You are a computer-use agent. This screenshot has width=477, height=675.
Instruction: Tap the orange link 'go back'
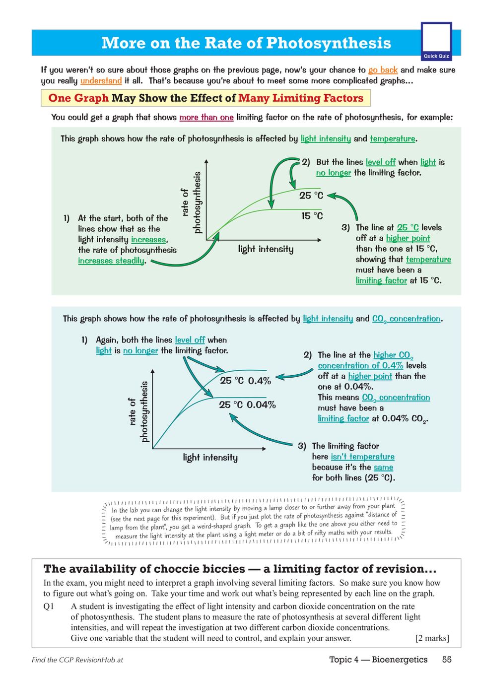pyautogui.click(x=383, y=70)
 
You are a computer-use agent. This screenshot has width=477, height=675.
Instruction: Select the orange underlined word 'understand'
pyautogui.click(x=101, y=80)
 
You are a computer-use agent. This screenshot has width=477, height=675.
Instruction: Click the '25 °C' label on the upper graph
pyautogui.click(x=311, y=196)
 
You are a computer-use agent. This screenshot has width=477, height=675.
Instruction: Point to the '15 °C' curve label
pyautogui.click(x=312, y=216)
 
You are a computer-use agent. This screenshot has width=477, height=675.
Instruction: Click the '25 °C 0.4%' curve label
pyautogui.click(x=245, y=381)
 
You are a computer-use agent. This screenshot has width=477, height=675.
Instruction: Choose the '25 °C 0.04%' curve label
pyautogui.click(x=247, y=405)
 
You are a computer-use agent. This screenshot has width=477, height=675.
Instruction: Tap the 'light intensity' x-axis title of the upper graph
pyautogui.click(x=266, y=249)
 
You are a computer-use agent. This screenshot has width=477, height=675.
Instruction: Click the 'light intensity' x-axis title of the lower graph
pyautogui.click(x=210, y=457)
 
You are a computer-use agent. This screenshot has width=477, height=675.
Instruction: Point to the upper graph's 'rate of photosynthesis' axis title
pyautogui.click(x=191, y=202)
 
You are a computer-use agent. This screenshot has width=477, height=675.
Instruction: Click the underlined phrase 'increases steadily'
pyautogui.click(x=111, y=261)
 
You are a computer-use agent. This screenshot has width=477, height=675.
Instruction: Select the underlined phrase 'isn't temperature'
pyautogui.click(x=362, y=457)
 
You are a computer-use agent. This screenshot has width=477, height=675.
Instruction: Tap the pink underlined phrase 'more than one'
pyautogui.click(x=206, y=117)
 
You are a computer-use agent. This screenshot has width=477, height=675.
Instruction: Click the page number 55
pyautogui.click(x=447, y=659)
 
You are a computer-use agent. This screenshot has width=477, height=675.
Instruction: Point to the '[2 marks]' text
pyautogui.click(x=432, y=638)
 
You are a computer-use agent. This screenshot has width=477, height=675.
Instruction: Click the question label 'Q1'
pyautogui.click(x=49, y=606)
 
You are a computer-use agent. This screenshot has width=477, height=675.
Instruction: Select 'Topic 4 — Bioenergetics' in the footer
pyautogui.click(x=378, y=659)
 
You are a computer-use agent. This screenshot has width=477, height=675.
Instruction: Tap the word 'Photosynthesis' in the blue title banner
pyautogui.click(x=329, y=43)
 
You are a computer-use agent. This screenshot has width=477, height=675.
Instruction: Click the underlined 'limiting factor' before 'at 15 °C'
pyautogui.click(x=381, y=280)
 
